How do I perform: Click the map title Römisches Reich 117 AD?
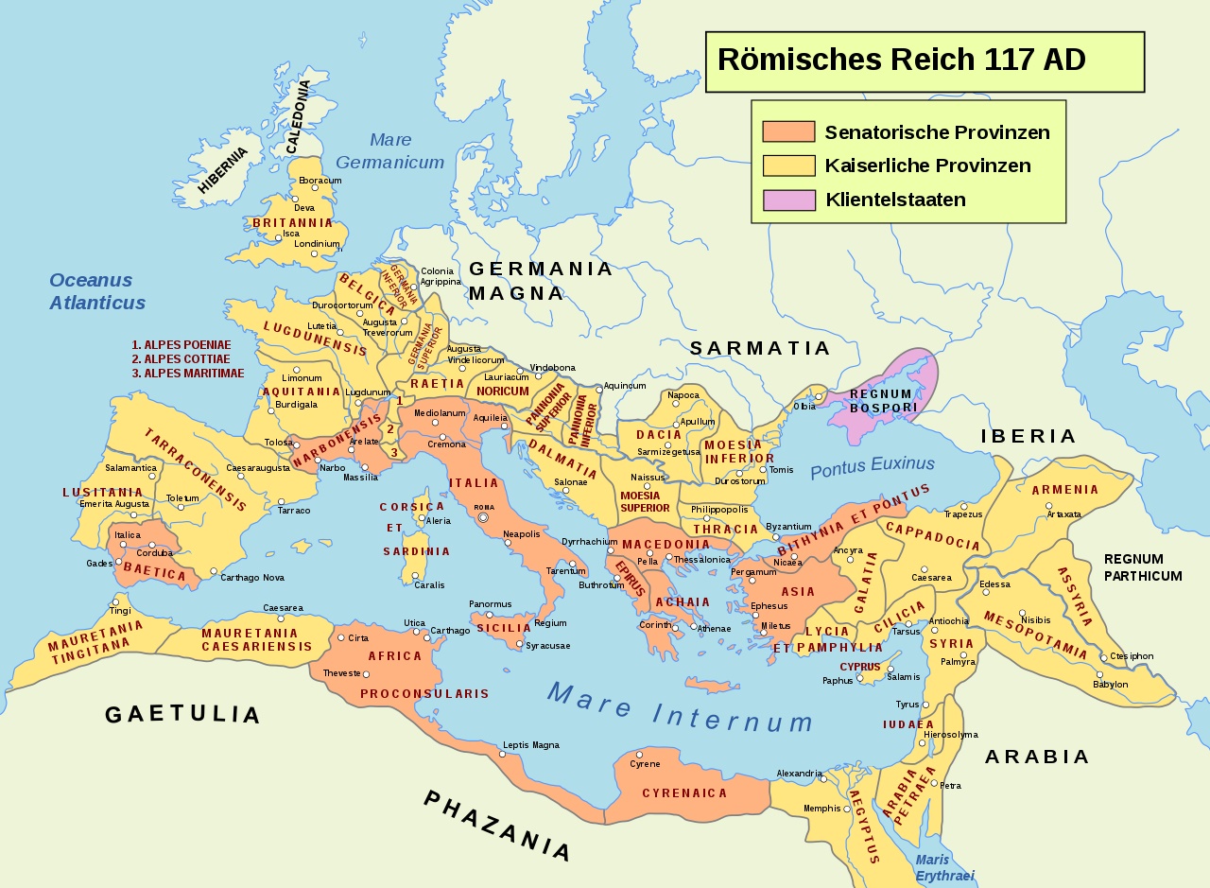[901, 60]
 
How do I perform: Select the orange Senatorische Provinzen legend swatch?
[788, 132]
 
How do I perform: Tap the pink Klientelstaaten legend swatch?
[788, 200]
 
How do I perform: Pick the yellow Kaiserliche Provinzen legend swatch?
[788, 166]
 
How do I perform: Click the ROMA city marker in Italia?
[483, 517]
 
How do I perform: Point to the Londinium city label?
[317, 243]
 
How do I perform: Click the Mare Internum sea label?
[680, 707]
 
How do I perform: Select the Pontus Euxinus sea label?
[872, 465]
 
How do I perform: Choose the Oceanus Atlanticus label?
[97, 291]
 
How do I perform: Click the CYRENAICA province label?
[684, 793]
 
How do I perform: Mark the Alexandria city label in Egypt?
[799, 774]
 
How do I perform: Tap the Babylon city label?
[1110, 684]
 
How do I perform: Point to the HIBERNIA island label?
[223, 170]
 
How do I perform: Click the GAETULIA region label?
[181, 714]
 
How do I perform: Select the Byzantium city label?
[788, 527]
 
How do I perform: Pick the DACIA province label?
[659, 435]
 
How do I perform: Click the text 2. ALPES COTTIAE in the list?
[181, 359]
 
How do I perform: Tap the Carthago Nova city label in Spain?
[251, 577]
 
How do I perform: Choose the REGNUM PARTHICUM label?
[1142, 567]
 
